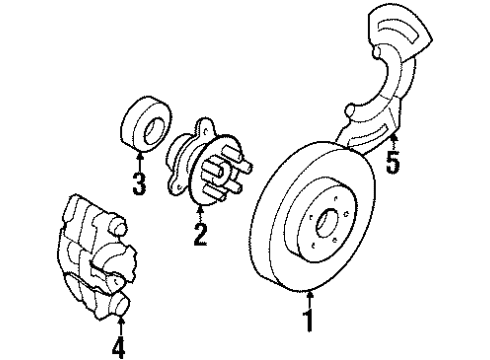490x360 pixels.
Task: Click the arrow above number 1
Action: click(x=310, y=299)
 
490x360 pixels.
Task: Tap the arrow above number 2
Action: click(x=200, y=213)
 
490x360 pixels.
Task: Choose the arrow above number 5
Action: click(x=393, y=137)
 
